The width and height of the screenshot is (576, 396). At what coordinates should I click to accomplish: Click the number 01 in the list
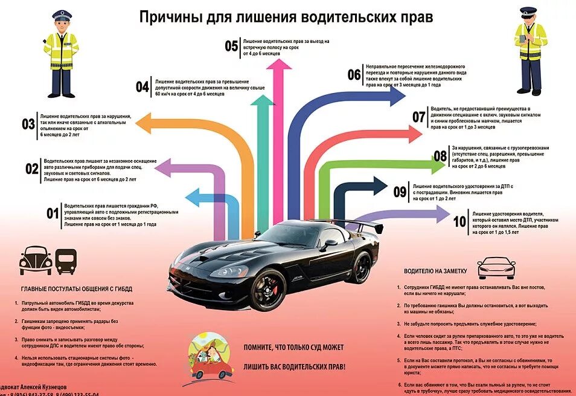[x=53, y=213]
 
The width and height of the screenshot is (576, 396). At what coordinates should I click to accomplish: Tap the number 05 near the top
[x=231, y=47]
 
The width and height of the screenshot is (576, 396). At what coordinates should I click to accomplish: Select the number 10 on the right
[x=459, y=222]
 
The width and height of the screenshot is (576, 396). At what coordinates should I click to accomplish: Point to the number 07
[x=419, y=117]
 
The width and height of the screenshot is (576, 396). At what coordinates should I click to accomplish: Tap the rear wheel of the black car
[x=361, y=268]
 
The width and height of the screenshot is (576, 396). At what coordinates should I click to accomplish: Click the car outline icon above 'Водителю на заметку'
[x=496, y=266]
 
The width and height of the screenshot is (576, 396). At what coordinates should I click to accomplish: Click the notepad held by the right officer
[x=523, y=41]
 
